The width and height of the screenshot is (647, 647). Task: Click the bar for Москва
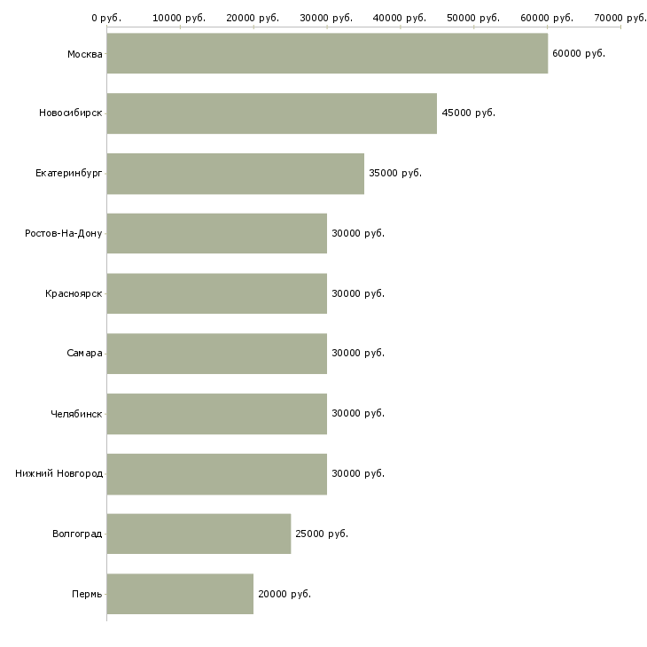pyautogui.click(x=327, y=53)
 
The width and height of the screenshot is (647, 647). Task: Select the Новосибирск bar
pyautogui.click(x=272, y=113)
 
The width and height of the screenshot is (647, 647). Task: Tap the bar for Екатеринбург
pyautogui.click(x=236, y=174)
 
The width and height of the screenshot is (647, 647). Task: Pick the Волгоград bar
pyautogui.click(x=199, y=534)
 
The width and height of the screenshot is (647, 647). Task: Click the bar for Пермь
pyautogui.click(x=180, y=594)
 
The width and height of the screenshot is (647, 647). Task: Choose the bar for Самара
pyautogui.click(x=217, y=354)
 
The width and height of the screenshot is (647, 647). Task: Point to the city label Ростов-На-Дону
pyautogui.click(x=64, y=234)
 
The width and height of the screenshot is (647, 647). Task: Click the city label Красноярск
pyautogui.click(x=74, y=293)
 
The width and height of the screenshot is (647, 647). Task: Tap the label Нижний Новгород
pyautogui.click(x=59, y=473)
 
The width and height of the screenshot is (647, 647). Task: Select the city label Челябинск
pyautogui.click(x=76, y=414)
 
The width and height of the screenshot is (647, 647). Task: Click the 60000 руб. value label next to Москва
pyautogui.click(x=579, y=54)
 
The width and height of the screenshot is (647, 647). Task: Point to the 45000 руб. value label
pyautogui.click(x=468, y=113)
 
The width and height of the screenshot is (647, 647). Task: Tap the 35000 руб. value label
pyautogui.click(x=395, y=174)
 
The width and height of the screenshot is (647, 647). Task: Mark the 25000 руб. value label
pyautogui.click(x=322, y=534)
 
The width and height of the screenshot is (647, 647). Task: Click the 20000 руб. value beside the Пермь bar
pyautogui.click(x=285, y=594)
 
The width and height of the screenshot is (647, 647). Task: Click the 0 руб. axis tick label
pyautogui.click(x=106, y=18)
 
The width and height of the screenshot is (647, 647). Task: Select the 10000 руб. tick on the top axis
pyautogui.click(x=179, y=18)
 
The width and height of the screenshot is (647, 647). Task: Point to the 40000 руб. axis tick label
pyautogui.click(x=400, y=18)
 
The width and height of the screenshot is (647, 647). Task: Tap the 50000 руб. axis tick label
pyautogui.click(x=473, y=18)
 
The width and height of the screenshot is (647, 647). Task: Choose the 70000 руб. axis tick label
pyautogui.click(x=620, y=18)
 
